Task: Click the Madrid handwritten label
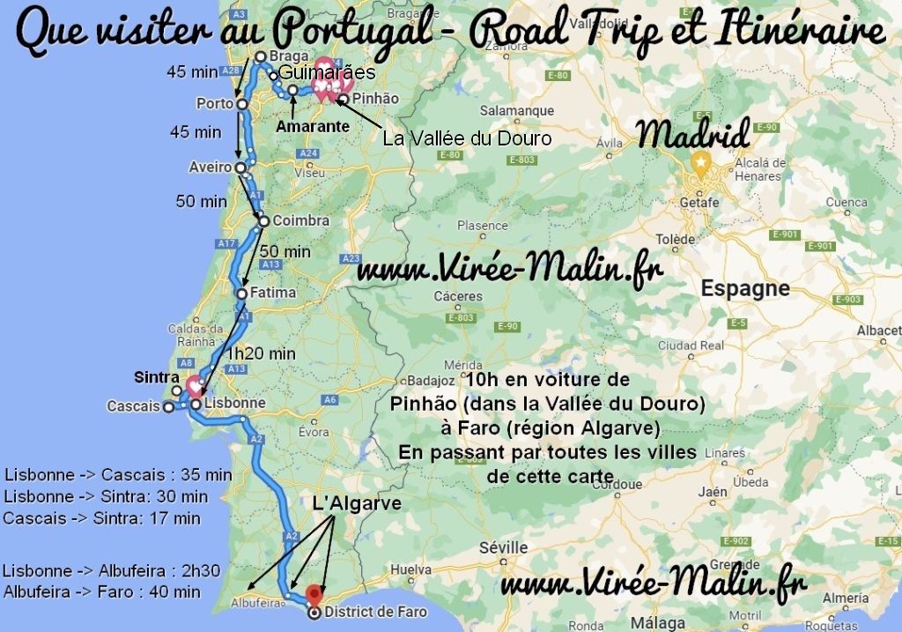[x=694, y=135]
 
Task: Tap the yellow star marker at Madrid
[x=699, y=162]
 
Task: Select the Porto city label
[x=215, y=104]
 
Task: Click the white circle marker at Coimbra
[x=263, y=220]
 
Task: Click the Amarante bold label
[x=307, y=127]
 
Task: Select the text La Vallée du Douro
[x=467, y=138]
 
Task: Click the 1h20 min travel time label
[x=261, y=353]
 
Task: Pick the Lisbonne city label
[x=234, y=403]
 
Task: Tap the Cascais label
[x=133, y=406]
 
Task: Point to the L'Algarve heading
[x=357, y=503]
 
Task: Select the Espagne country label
[x=744, y=289]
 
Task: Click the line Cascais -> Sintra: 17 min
[x=101, y=518]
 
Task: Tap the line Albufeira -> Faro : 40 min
[x=102, y=592]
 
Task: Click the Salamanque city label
[x=517, y=111]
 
